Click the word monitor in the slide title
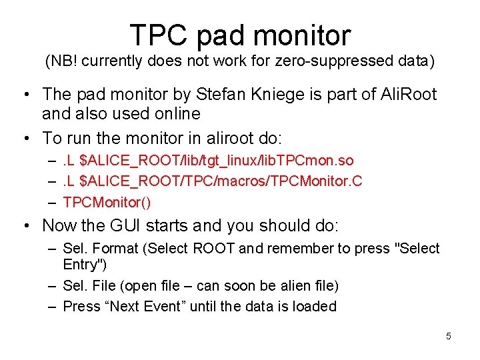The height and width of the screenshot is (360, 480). [300, 35]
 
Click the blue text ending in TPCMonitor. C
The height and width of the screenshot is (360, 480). [213, 181]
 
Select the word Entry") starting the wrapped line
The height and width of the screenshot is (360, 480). [83, 264]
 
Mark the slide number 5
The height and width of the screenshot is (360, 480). [449, 336]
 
